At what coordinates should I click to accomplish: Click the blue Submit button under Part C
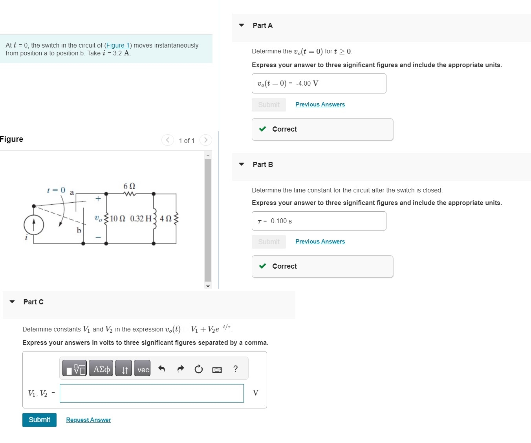coord(39,420)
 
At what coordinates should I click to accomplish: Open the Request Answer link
coord(88,420)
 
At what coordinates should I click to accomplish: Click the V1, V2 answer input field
coord(152,393)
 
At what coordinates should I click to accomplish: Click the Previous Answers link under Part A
coord(320,104)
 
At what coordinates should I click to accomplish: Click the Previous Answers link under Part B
coord(320,242)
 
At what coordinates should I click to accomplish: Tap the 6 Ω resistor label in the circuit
coord(129,186)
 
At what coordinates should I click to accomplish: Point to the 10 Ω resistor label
coord(117,218)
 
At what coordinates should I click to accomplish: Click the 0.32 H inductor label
coord(141,218)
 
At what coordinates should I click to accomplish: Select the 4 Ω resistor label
coord(165,218)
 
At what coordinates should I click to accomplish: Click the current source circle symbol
coord(34,225)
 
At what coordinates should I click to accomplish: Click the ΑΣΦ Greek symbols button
coord(101,369)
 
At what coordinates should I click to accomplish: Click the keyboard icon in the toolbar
coord(217,370)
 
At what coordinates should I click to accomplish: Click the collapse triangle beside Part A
coord(242,25)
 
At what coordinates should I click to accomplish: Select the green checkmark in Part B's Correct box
coord(263,266)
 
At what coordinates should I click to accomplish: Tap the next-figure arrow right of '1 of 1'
coord(205,140)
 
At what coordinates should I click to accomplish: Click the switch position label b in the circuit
coord(79,231)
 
